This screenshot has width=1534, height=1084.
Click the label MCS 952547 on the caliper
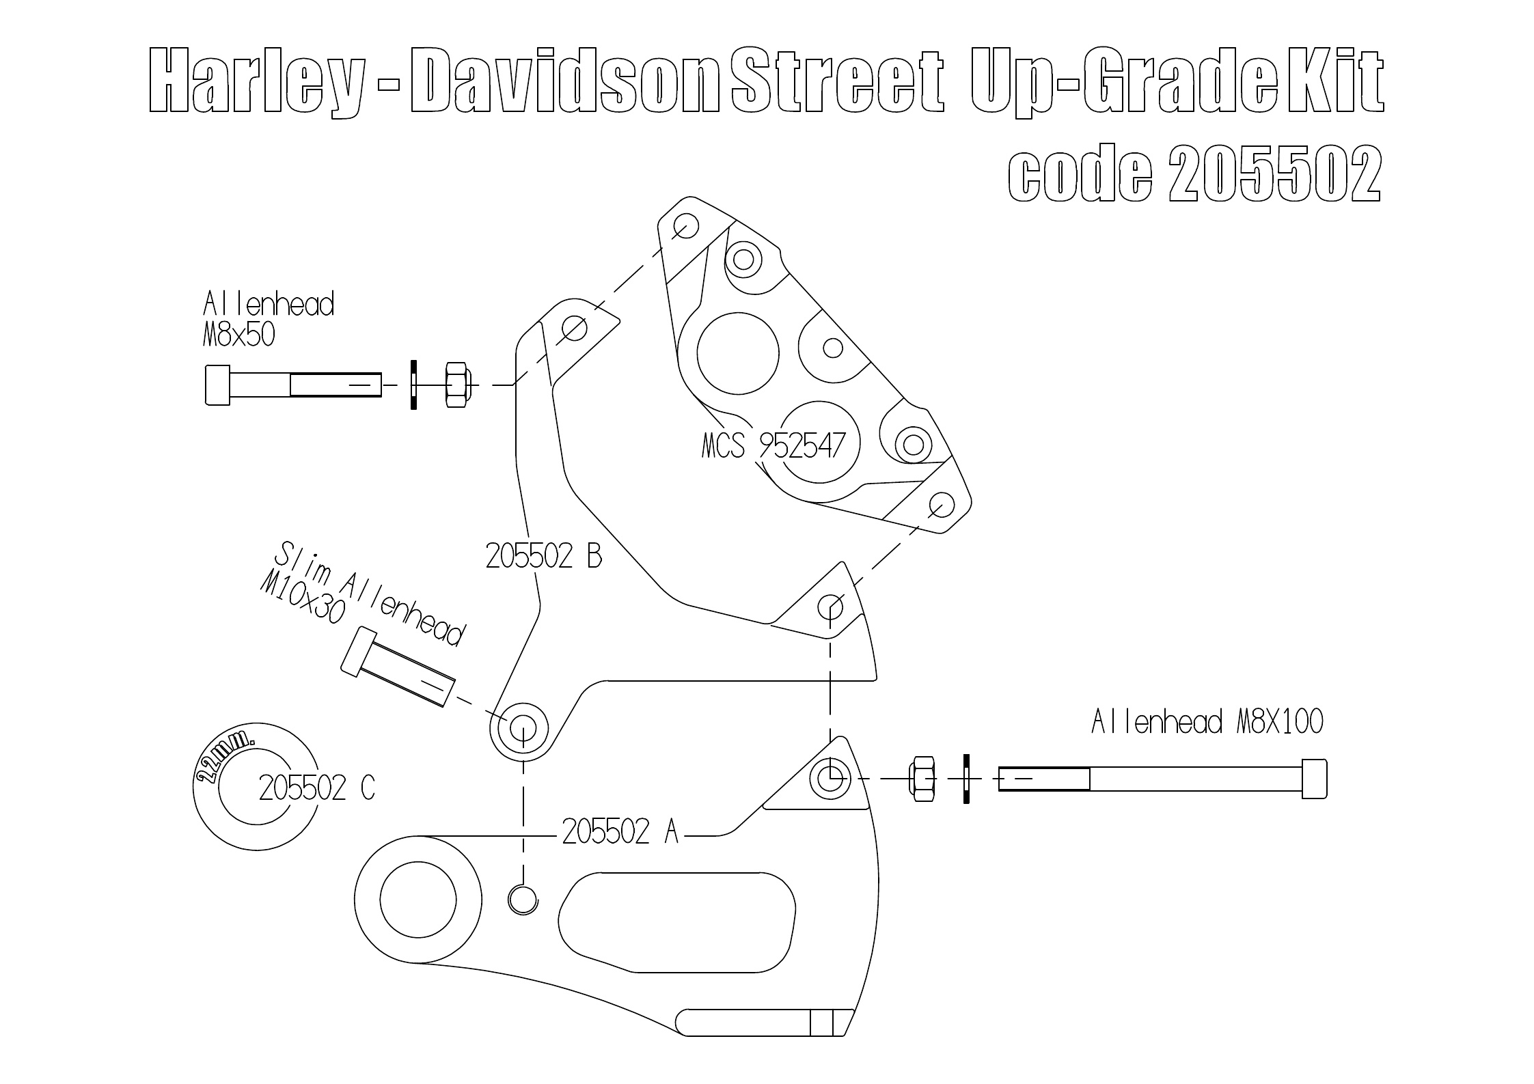773,446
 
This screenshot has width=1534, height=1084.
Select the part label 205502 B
544,557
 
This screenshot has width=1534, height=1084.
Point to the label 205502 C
317,788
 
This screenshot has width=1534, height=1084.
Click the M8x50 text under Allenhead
238,335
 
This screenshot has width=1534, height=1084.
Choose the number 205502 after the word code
1274,173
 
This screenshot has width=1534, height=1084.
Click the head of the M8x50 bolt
217,385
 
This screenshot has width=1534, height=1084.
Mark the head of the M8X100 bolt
1315,778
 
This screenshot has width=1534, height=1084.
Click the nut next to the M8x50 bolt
456,385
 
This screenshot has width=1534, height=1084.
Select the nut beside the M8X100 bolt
922,779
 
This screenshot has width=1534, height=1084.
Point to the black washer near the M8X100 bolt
966,779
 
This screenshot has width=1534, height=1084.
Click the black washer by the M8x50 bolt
413,385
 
